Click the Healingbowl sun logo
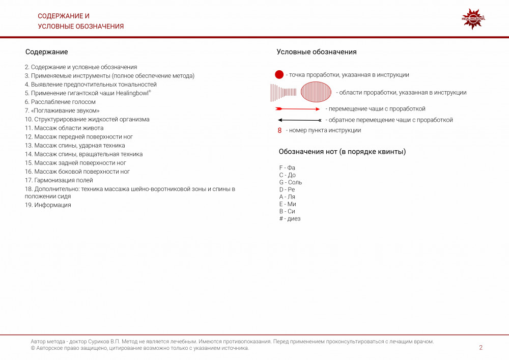pyautogui.click(x=473, y=19)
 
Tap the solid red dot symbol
pyautogui.click(x=279, y=75)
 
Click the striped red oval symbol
pyautogui.click(x=316, y=92)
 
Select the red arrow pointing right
pyautogui.click(x=297, y=109)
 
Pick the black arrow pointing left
pyautogui.click(x=300, y=120)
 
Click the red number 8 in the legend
pyautogui.click(x=279, y=130)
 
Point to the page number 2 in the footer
pyautogui.click(x=481, y=348)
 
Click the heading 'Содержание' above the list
pyautogui.click(x=46, y=52)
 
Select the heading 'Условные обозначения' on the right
pyautogui.click(x=317, y=52)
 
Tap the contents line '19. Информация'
pyautogui.click(x=48, y=205)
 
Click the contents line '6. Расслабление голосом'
pyautogui.click(x=61, y=102)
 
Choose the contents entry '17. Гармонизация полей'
pyautogui.click(x=59, y=180)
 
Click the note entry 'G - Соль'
pyautogui.click(x=291, y=182)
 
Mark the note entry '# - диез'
pyautogui.click(x=290, y=218)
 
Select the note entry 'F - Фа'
pyautogui.click(x=287, y=168)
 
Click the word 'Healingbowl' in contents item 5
pyautogui.click(x=132, y=93)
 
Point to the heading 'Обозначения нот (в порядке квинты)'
pyautogui.click(x=342, y=152)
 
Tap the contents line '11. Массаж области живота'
pyautogui.click(x=64, y=128)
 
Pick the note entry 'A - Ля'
pyautogui.click(x=287, y=197)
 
